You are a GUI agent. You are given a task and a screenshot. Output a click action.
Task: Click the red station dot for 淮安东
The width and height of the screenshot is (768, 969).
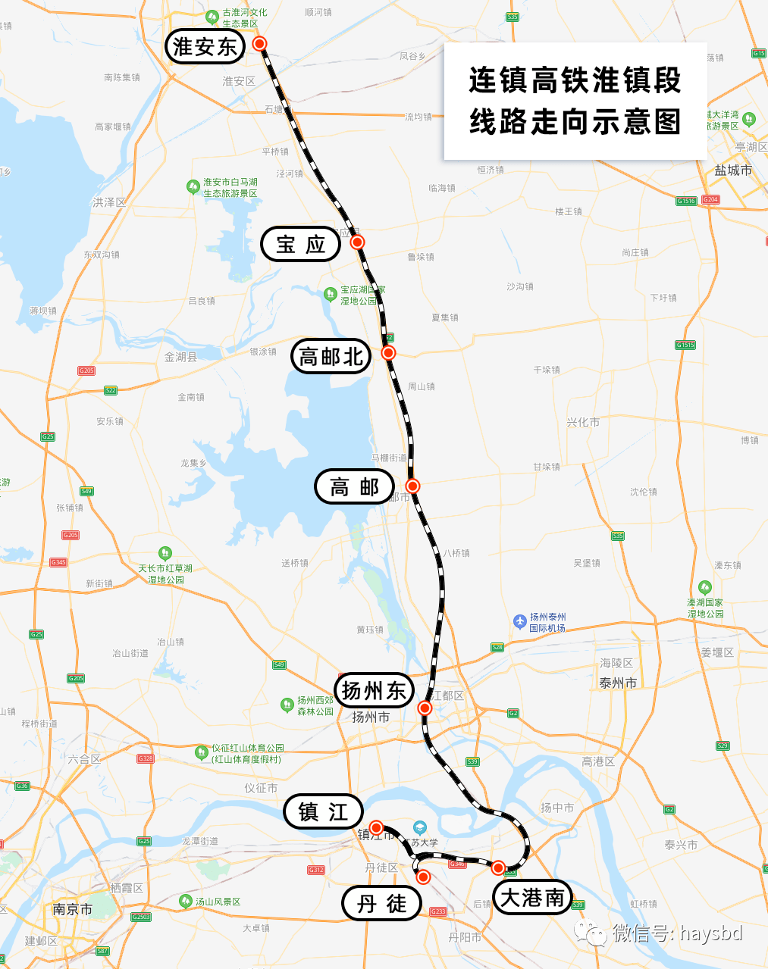pos(259,44)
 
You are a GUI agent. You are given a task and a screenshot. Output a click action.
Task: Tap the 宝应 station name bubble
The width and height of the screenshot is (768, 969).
pos(301,244)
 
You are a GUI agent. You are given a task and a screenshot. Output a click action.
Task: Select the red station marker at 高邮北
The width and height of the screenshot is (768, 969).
pos(388,352)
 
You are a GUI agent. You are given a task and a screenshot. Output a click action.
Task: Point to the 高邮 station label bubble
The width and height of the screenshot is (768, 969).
pos(355,486)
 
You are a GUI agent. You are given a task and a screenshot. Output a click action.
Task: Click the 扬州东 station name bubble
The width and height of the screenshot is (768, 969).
pos(375,690)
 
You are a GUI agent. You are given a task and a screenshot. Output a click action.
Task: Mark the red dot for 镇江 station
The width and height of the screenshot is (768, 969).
pos(376,827)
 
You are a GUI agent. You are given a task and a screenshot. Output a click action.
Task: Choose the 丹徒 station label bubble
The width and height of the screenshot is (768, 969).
pos(382,903)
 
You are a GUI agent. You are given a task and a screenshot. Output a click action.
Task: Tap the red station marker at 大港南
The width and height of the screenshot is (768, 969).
pos(498,867)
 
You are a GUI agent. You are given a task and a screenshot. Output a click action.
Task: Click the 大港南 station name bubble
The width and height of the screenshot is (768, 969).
pos(532,898)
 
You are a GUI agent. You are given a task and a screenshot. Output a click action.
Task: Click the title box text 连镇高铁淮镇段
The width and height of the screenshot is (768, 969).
pos(575,80)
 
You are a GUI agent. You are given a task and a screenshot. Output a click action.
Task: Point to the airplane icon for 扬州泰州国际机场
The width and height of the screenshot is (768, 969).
pos(519,621)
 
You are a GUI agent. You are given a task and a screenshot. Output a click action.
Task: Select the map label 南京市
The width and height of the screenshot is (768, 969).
pos(73,909)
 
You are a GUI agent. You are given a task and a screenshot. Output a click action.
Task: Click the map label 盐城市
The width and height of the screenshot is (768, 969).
pos(733,170)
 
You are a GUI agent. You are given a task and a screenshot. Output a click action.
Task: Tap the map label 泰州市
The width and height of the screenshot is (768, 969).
pos(618,683)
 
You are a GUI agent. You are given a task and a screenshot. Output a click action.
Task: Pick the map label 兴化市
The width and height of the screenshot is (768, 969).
pos(582,422)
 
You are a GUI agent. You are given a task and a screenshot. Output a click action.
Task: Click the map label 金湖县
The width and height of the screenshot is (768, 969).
pos(180,357)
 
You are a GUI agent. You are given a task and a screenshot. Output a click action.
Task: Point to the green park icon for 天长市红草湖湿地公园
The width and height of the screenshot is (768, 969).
pos(165,554)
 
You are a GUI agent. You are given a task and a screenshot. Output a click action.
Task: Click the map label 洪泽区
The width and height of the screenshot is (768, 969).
pos(109,202)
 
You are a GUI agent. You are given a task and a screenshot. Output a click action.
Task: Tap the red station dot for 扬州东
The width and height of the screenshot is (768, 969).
pos(425,708)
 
